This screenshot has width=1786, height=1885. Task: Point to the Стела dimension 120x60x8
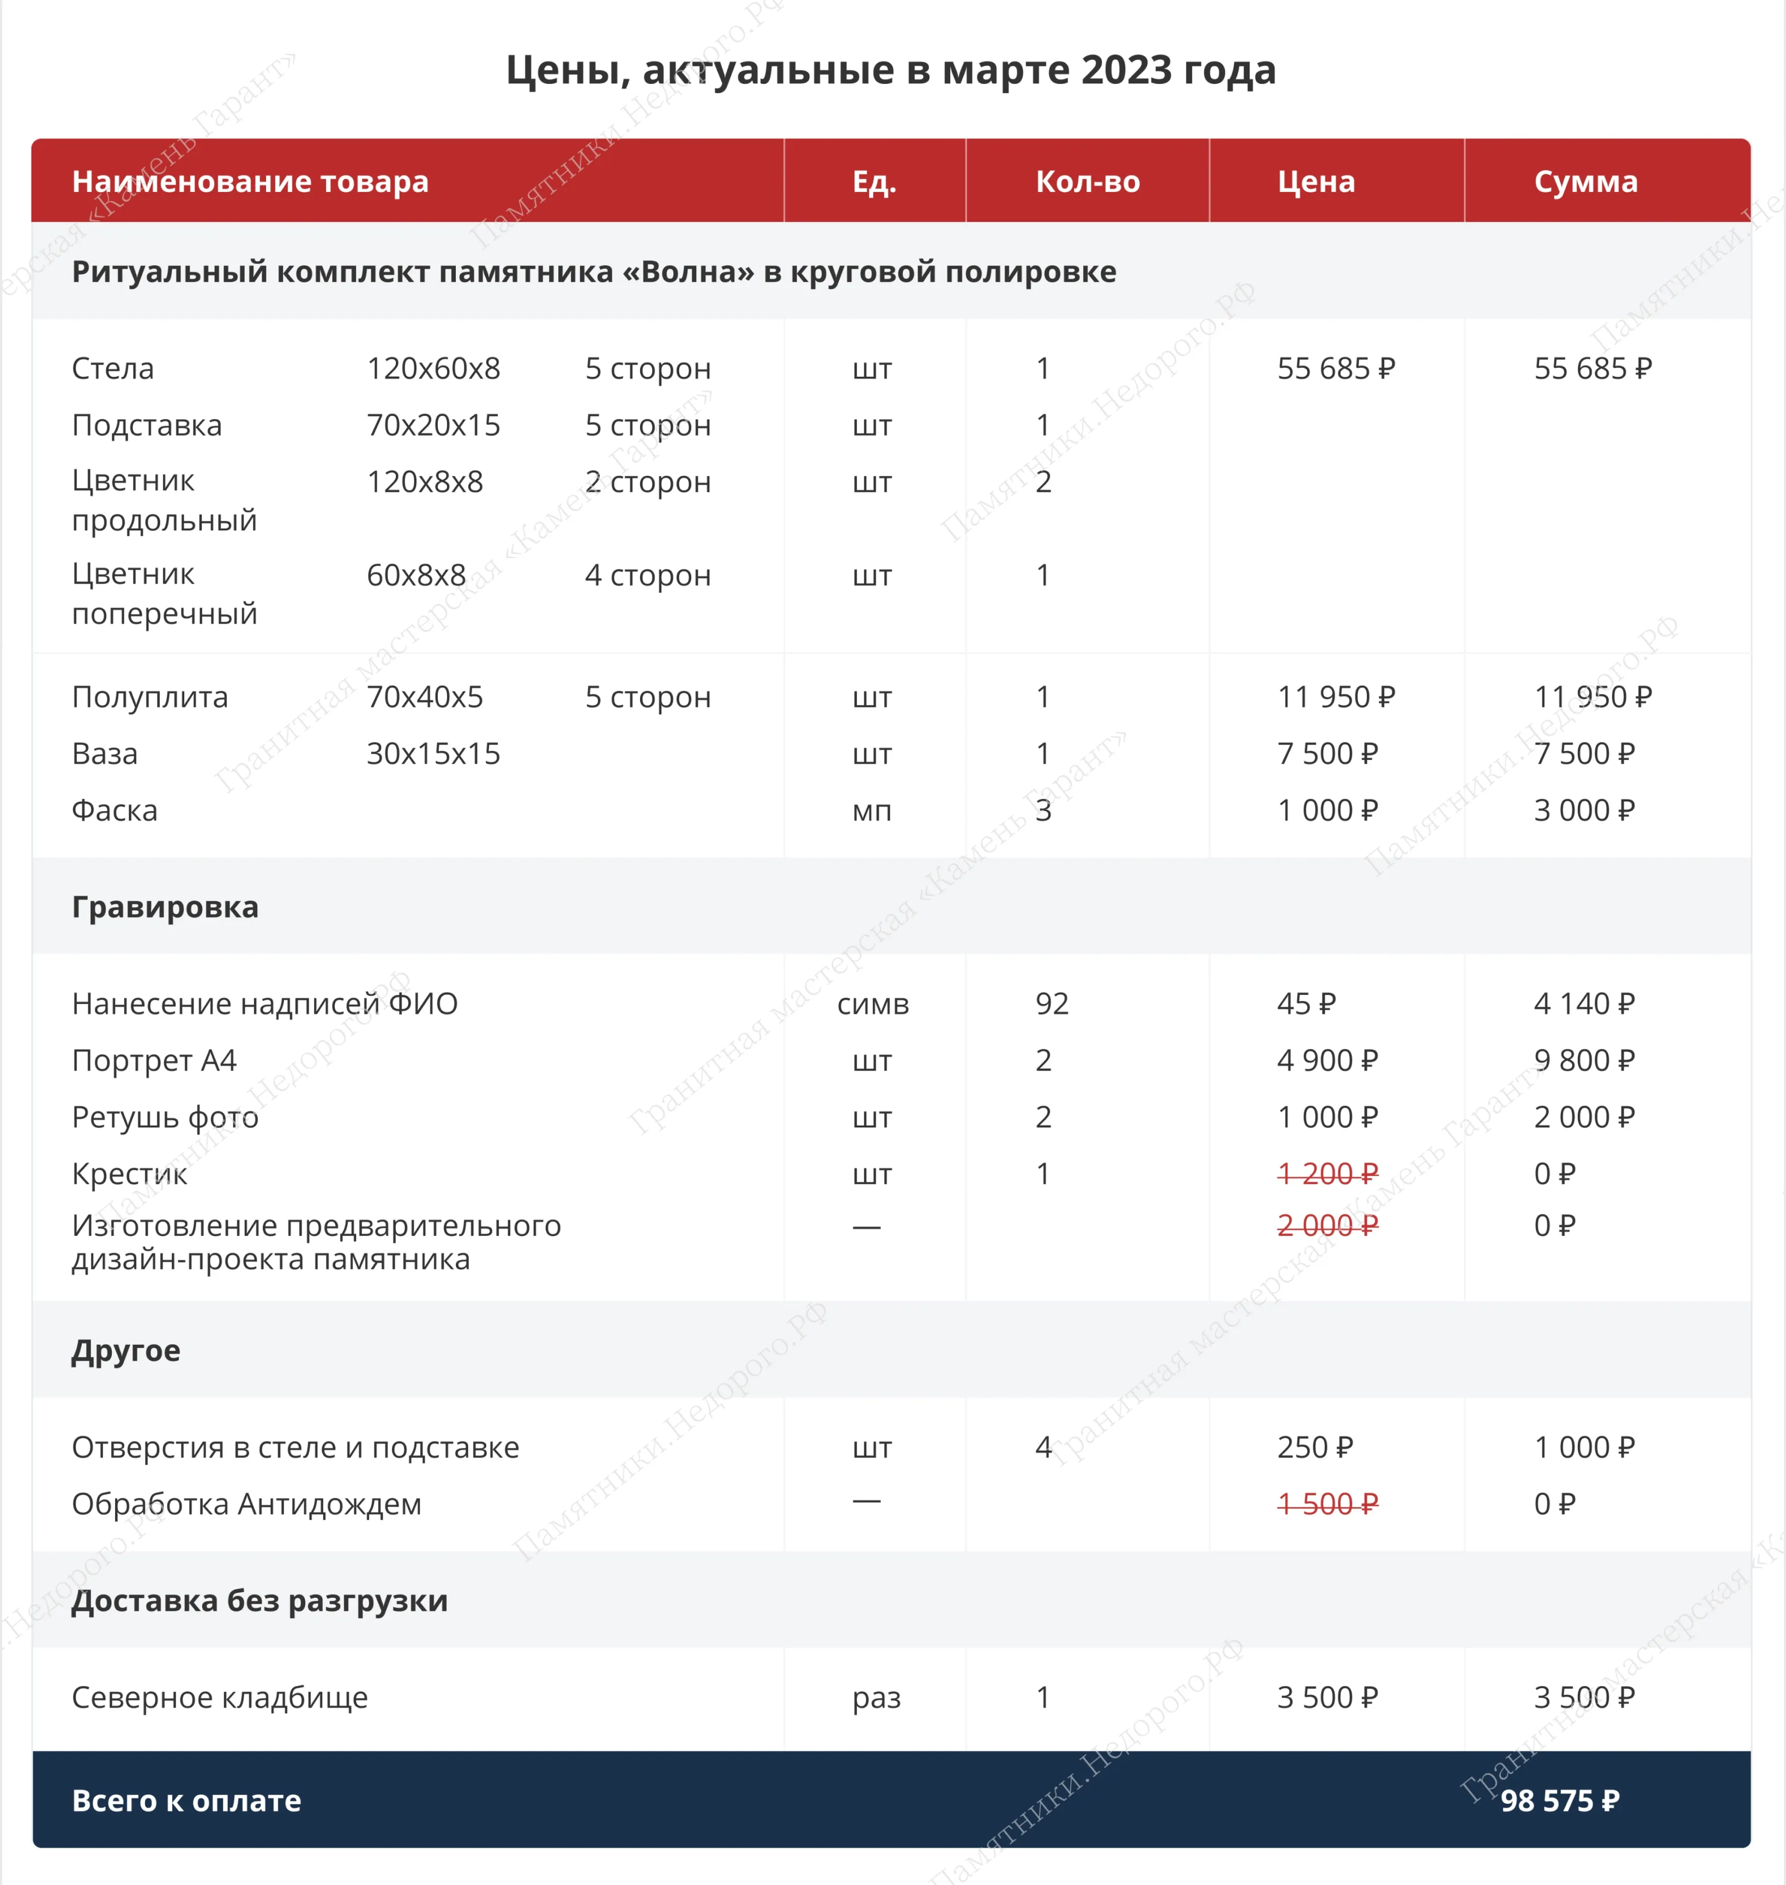(x=433, y=368)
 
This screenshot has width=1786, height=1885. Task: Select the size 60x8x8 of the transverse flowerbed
(x=416, y=575)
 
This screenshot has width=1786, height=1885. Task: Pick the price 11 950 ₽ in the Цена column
(x=1336, y=697)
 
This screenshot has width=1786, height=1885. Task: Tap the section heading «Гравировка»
(x=165, y=907)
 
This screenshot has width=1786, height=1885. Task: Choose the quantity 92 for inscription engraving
(x=1052, y=1004)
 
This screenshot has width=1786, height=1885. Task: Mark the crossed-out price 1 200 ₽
(x=1327, y=1174)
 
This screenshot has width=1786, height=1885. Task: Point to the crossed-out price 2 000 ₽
(x=1327, y=1225)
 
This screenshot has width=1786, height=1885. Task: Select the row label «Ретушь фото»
(x=165, y=1117)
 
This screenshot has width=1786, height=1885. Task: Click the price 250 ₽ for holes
(x=1315, y=1447)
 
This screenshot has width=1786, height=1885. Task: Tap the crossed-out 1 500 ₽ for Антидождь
(x=1327, y=1504)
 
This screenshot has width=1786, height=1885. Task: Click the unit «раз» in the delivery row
(x=876, y=1697)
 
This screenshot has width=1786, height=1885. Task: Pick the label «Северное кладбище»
(x=219, y=1697)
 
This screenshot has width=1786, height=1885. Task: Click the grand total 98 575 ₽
(x=1559, y=1801)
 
